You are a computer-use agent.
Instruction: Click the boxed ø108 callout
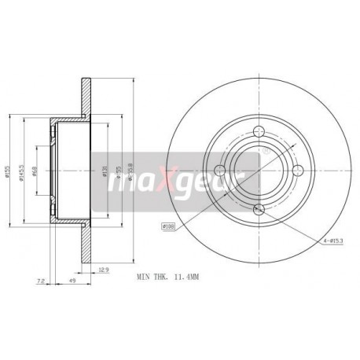[167, 228]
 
